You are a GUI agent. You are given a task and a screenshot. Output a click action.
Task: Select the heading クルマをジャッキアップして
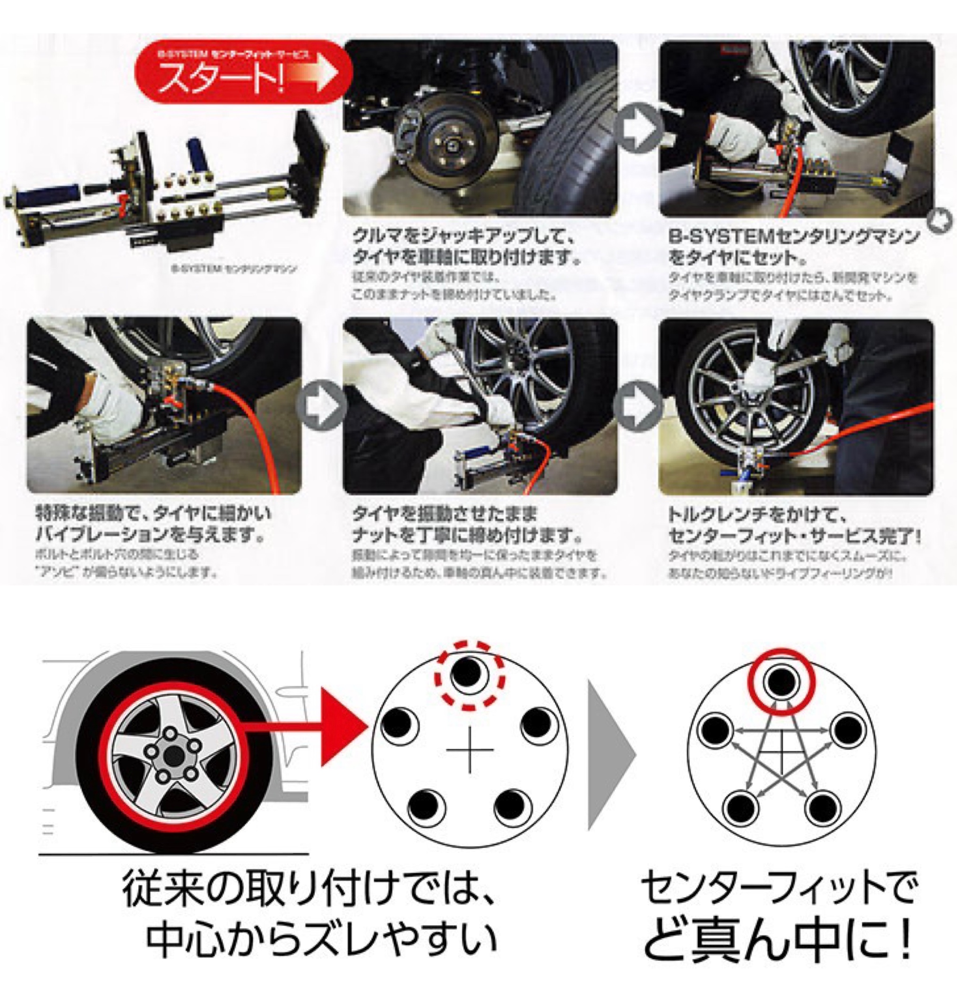pos(463,236)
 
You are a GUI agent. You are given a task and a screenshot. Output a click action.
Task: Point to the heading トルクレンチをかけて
pos(758,514)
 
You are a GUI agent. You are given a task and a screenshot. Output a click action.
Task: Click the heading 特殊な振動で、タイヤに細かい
pos(153,513)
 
